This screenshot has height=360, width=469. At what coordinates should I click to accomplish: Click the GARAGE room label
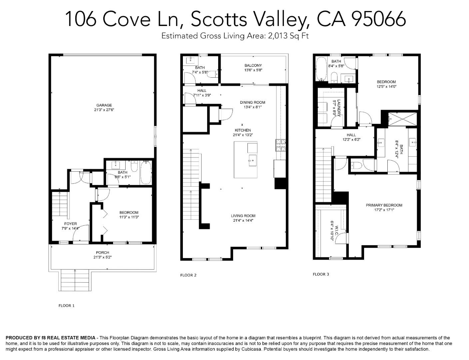(x=104, y=105)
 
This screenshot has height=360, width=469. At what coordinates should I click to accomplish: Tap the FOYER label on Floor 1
(x=70, y=224)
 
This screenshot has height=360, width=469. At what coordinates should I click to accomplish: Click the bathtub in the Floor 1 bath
(x=146, y=172)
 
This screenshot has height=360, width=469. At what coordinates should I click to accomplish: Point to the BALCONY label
(x=253, y=65)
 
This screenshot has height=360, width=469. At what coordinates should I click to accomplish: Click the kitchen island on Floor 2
(x=245, y=160)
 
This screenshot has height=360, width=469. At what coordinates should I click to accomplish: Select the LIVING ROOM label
(x=243, y=216)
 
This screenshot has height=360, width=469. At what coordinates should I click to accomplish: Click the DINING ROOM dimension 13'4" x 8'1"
(x=252, y=107)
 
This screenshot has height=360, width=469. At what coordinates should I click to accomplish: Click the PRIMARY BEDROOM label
(x=384, y=205)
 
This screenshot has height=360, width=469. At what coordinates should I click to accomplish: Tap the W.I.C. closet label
(x=336, y=230)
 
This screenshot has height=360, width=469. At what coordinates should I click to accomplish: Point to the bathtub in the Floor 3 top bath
(x=321, y=69)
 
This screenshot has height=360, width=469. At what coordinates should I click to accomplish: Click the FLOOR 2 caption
(x=188, y=275)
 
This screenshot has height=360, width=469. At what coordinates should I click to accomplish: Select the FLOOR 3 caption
(x=321, y=274)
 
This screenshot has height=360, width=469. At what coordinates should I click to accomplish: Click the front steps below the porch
(x=75, y=280)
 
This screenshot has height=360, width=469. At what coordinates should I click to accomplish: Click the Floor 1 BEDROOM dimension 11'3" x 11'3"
(x=129, y=217)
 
